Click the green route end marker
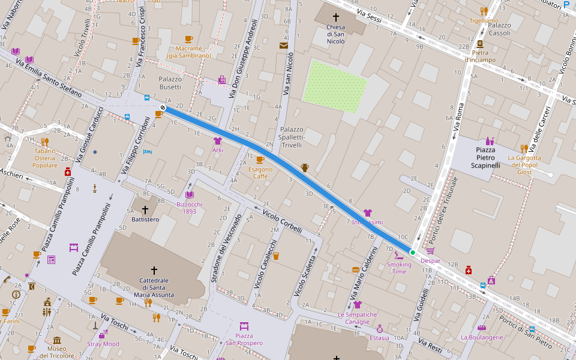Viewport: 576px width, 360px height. click(x=412, y=253)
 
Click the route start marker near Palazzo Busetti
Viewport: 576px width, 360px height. click(x=162, y=107)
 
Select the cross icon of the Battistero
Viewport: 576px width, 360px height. click(x=145, y=209)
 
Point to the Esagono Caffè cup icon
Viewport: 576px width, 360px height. click(x=260, y=160)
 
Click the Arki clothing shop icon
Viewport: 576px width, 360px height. click(x=217, y=140)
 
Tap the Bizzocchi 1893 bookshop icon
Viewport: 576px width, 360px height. click(x=190, y=194)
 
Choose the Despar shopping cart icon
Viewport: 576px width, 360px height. click(x=430, y=251)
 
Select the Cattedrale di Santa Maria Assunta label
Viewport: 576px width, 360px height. click(x=154, y=287)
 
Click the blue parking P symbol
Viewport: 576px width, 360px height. click(x=566, y=4)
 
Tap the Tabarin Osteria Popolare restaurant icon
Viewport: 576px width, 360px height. click(x=44, y=142)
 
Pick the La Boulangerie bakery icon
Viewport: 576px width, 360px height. click(x=481, y=328)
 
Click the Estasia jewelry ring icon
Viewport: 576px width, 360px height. click(x=379, y=329)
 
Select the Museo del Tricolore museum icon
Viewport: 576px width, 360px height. click(x=57, y=340)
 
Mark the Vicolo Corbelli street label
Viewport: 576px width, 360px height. click(x=283, y=221)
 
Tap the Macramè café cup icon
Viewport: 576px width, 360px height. click(x=188, y=39)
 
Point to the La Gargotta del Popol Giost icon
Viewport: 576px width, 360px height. click(x=524, y=148)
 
